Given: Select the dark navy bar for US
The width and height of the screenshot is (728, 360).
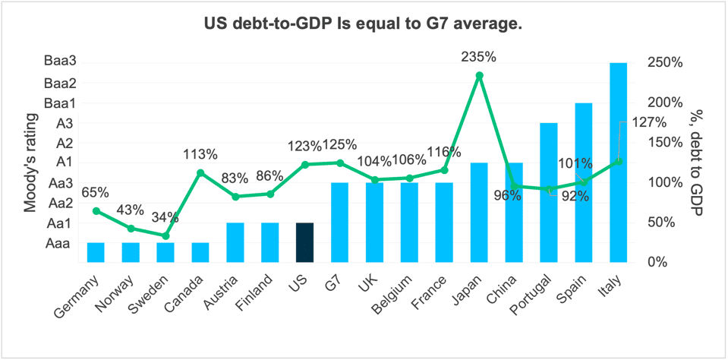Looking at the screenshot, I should tap(304, 242).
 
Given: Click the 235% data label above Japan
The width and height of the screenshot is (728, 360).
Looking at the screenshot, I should tap(479, 57).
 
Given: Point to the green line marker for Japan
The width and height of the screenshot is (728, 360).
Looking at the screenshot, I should tap(479, 75).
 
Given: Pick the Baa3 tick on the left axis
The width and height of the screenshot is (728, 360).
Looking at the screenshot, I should tap(61, 63).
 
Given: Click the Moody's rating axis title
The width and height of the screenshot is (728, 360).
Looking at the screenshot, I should tap(30, 161).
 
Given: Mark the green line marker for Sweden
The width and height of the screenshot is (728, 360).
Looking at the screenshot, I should tap(165, 235).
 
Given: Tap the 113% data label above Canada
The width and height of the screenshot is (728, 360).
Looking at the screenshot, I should tap(200, 154).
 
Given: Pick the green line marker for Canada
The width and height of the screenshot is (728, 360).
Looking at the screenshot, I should tap(200, 173).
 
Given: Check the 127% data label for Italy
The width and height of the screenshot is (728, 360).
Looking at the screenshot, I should tap(649, 123).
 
